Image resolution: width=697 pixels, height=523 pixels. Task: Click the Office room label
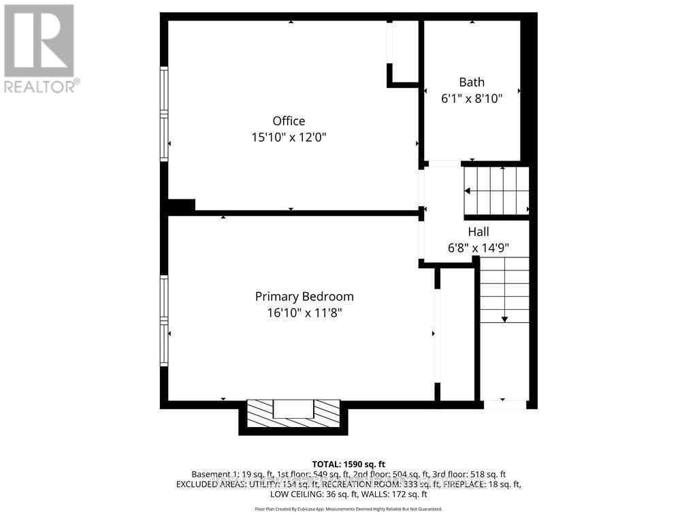(289, 121)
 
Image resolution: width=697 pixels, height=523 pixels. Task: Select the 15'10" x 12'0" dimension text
(289, 138)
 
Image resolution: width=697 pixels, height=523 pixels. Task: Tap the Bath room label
(472, 82)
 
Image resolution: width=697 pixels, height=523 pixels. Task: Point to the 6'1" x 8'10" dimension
(472, 99)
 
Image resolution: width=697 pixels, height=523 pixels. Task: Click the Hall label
(478, 232)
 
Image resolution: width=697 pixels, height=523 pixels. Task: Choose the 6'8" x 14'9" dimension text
(478, 248)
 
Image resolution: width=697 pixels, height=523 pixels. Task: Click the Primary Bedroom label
(304, 297)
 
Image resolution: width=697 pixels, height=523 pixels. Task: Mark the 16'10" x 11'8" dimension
(304, 313)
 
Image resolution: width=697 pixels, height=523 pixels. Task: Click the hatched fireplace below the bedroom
(293, 413)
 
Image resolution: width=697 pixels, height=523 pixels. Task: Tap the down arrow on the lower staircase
(504, 317)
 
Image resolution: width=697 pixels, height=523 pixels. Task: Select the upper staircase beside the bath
(496, 191)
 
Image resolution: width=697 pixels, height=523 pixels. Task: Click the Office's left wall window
(164, 114)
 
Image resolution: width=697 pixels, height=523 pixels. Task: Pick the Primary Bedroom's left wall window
(164, 321)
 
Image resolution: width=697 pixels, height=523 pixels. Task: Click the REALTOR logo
(39, 48)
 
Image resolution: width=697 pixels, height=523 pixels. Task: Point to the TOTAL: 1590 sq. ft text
(348, 464)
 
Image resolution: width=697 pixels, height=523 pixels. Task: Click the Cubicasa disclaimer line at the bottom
(348, 509)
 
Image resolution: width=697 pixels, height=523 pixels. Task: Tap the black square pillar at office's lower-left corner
(181, 206)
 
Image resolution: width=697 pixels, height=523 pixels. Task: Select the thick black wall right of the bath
(529, 89)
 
